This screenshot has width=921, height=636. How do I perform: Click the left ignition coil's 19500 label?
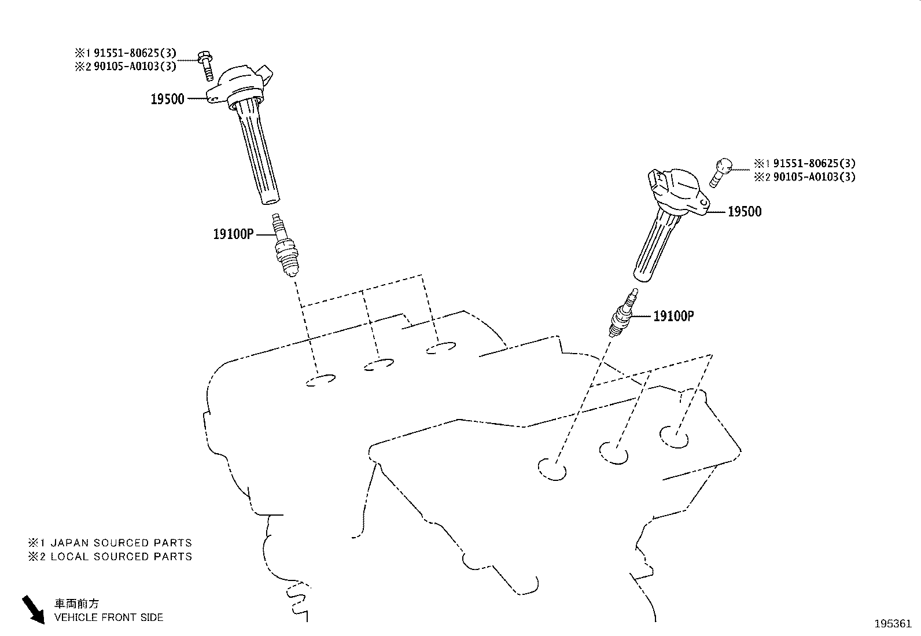point(167,99)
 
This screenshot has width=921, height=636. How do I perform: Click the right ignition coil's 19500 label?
point(745,211)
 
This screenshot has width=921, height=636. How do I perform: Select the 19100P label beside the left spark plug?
point(233,234)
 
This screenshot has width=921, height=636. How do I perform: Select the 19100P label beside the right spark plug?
point(674,316)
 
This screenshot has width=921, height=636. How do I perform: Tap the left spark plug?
point(286,245)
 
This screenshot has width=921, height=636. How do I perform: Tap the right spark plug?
point(624,313)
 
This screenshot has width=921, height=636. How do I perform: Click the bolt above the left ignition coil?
point(207,66)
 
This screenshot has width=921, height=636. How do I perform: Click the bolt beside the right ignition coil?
point(720,173)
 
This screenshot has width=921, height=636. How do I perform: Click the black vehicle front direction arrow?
point(34,609)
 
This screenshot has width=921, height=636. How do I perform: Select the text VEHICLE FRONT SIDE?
point(109,617)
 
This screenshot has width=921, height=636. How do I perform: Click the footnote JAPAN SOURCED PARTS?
point(121,543)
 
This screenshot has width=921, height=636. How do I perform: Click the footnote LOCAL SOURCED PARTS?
point(121,556)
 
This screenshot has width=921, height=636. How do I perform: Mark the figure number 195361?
point(893,624)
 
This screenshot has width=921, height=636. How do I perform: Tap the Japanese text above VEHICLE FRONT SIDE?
point(77,604)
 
